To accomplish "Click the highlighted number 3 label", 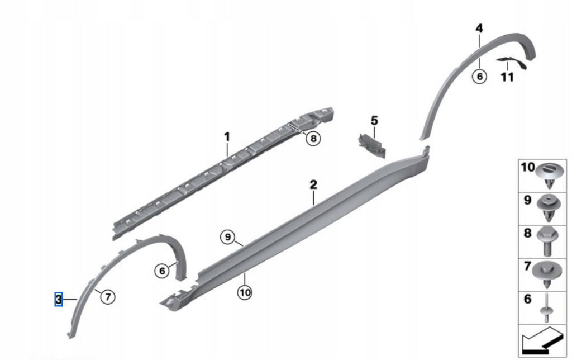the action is (x=58, y=300).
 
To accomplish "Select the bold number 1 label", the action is (x=227, y=137).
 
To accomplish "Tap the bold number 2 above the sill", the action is (x=313, y=184).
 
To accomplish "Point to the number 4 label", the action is (x=479, y=28).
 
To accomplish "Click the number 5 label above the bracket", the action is (x=374, y=121).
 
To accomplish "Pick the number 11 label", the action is (x=507, y=77).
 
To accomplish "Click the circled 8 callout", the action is (x=313, y=139).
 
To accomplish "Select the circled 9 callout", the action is (x=228, y=238).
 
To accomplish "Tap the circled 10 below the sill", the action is (x=245, y=292).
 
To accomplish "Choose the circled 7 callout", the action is (x=108, y=297).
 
